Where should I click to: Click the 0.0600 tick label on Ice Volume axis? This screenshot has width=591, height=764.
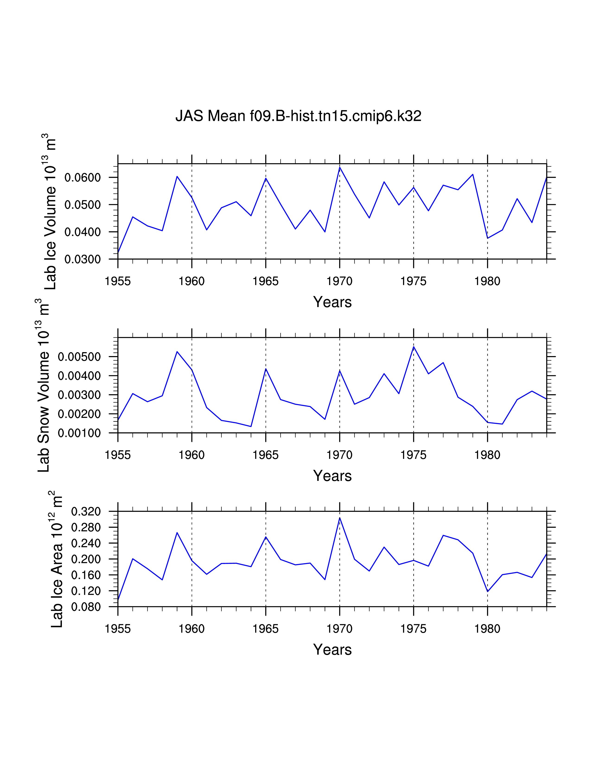click(83, 178)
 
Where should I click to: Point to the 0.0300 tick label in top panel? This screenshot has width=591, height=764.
click(83, 259)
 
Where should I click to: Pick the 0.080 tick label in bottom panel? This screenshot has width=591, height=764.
click(86, 607)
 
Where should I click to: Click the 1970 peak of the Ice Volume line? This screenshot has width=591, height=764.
click(340, 167)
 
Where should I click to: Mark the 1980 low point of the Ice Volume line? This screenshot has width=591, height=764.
click(487, 238)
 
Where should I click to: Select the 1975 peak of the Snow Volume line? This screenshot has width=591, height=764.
click(413, 347)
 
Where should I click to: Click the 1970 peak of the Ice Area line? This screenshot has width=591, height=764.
click(340, 518)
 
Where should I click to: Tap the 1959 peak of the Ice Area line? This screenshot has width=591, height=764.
click(177, 533)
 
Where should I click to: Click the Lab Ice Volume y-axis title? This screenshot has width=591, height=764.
click(50, 212)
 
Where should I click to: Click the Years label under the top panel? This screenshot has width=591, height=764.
click(332, 302)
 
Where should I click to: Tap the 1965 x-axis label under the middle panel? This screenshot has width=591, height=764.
click(265, 455)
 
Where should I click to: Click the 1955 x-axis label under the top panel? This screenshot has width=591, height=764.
click(118, 281)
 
